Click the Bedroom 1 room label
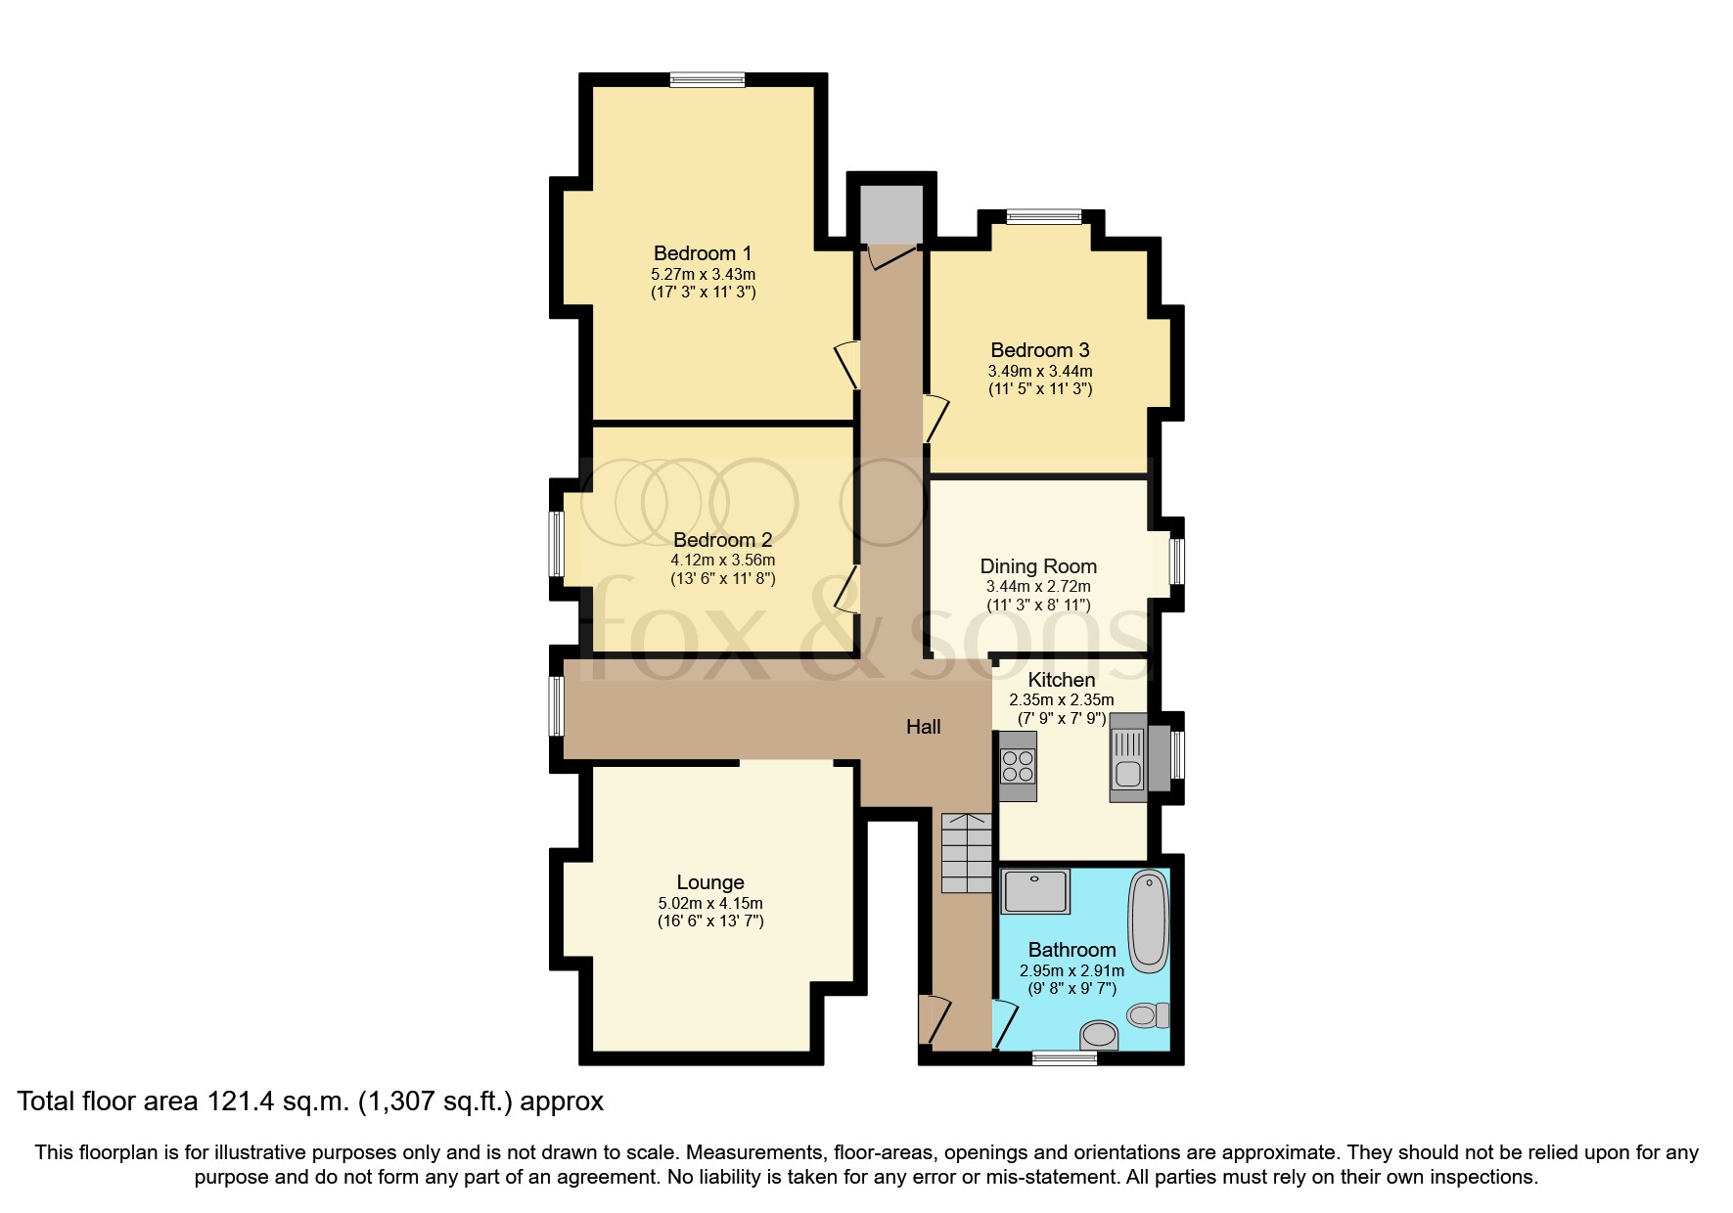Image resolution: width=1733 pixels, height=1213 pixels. tap(702, 253)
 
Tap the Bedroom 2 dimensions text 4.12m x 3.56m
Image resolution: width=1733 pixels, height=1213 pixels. tap(722, 561)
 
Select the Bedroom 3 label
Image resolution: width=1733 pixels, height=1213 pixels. tap(1039, 350)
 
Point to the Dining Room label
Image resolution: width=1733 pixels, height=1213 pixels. tap(1038, 566)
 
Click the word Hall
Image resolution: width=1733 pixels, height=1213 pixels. tap(923, 727)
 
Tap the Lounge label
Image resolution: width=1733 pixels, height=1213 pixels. tap(710, 882)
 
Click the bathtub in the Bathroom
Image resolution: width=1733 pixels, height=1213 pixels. tap(1148, 921)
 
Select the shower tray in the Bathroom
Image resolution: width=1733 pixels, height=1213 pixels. tap(1035, 891)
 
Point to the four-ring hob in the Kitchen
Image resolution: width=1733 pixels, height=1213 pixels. tap(1018, 765)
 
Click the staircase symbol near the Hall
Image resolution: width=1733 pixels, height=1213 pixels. tap(966, 852)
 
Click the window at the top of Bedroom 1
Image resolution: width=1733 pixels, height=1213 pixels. tap(707, 80)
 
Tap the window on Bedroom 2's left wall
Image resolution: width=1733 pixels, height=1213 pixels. tap(556, 544)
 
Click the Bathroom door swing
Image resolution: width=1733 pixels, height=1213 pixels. tap(1004, 1024)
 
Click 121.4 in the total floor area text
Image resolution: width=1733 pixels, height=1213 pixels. tap(242, 1101)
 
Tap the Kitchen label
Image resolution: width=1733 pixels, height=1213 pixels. tap(1061, 680)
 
